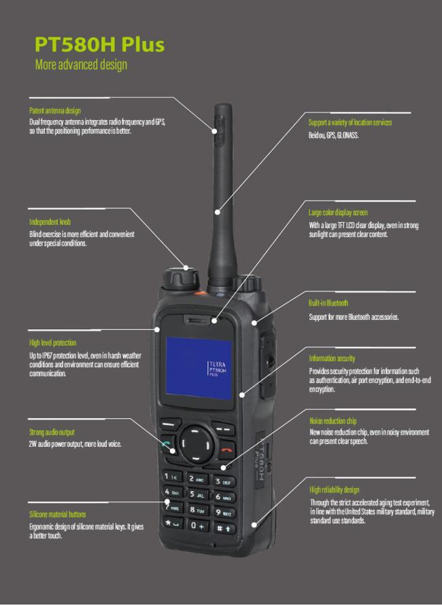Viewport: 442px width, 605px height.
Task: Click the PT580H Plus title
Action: (x=100, y=44)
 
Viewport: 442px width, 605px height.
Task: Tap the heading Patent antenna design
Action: (x=55, y=111)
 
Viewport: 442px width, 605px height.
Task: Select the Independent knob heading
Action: (x=50, y=222)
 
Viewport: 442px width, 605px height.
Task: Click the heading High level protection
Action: (x=52, y=343)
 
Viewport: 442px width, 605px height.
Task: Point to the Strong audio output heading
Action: (x=52, y=432)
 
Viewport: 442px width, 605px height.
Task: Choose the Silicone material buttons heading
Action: (x=58, y=514)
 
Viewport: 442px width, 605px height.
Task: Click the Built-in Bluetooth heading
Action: (x=328, y=303)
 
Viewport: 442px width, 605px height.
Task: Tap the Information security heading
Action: (x=332, y=359)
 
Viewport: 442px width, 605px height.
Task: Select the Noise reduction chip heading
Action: (x=333, y=421)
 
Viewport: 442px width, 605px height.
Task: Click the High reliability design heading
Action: (x=335, y=490)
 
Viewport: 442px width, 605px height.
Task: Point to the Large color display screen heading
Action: (x=338, y=213)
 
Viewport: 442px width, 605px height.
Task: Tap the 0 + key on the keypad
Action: (x=198, y=525)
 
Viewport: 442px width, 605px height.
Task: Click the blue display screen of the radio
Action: (x=199, y=368)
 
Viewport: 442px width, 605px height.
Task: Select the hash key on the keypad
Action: (x=223, y=528)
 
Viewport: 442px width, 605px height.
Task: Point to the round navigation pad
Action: (x=196, y=443)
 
